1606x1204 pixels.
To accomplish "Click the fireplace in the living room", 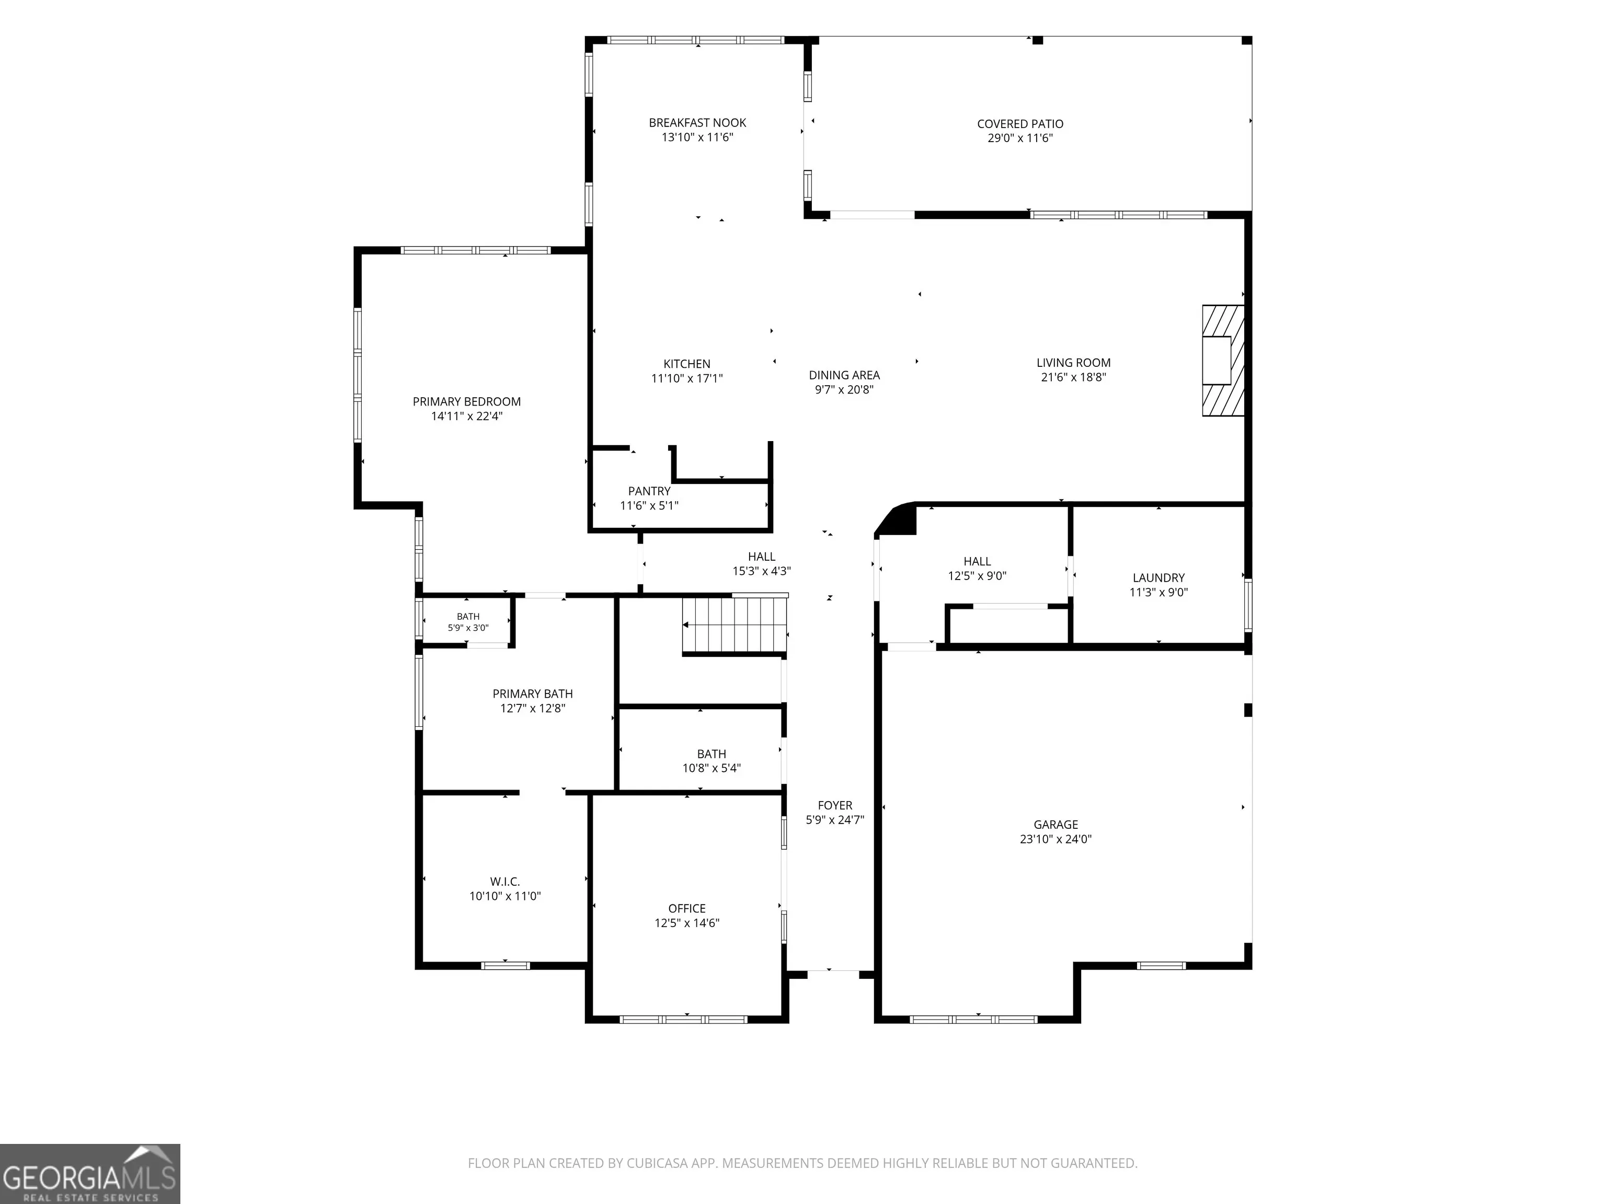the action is [x=1223, y=360].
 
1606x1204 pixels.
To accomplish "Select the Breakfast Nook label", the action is [x=697, y=123].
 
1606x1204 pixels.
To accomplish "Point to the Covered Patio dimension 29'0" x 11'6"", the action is [x=1020, y=138].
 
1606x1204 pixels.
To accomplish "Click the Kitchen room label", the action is [x=687, y=364].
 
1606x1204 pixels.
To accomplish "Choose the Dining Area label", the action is [x=844, y=375].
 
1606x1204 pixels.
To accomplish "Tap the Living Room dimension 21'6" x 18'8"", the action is [x=1073, y=377].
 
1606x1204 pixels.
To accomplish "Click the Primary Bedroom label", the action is [x=467, y=401].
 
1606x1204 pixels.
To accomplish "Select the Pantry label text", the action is [x=649, y=491].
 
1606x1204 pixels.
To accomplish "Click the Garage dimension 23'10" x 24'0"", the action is [x=1056, y=839].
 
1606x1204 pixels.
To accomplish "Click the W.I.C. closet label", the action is [x=504, y=881].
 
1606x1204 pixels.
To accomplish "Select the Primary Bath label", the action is [x=533, y=694].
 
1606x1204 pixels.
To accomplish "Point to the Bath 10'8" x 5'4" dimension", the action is [x=712, y=768].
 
